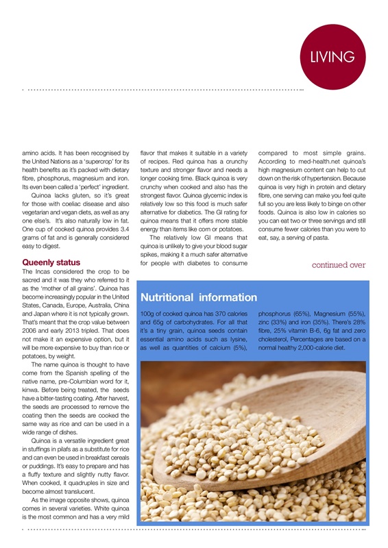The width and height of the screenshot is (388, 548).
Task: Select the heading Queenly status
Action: click(51, 262)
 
